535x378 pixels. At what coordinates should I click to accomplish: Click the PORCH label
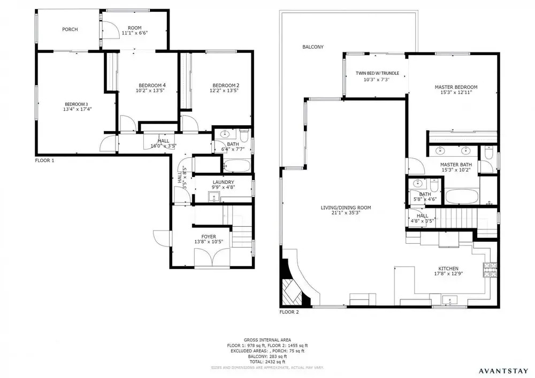click(70, 29)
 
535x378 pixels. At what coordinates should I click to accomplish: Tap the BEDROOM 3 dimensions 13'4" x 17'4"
click(78, 109)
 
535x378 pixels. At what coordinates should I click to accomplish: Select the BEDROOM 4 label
click(152, 85)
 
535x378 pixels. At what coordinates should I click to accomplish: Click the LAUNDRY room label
click(223, 182)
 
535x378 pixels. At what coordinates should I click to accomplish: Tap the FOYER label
click(209, 236)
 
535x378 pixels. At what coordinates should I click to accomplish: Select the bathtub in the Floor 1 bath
click(237, 166)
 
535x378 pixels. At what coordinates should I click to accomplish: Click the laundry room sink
click(214, 197)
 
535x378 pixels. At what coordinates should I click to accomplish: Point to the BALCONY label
click(313, 47)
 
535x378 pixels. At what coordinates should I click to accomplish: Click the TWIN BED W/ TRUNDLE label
click(377, 73)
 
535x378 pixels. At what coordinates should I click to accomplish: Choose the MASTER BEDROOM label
click(456, 87)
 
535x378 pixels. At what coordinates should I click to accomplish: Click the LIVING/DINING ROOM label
click(346, 207)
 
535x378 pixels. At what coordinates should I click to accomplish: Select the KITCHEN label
click(448, 268)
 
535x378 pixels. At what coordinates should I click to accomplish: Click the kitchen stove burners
click(490, 270)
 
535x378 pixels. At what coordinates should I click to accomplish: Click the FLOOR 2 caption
click(289, 312)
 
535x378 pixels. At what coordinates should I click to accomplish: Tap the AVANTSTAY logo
click(503, 371)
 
